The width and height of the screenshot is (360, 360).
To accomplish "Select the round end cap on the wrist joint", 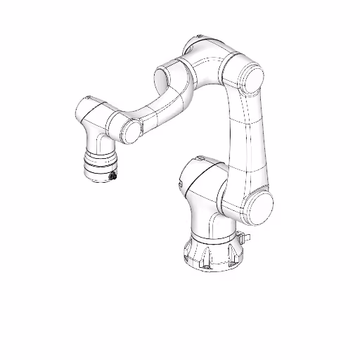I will (x=129, y=131).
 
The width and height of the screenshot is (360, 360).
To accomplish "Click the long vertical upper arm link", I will (x=246, y=141).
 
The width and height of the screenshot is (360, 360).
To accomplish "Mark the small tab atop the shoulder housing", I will (x=200, y=156).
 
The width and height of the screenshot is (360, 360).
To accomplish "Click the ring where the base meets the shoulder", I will (x=211, y=236).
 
